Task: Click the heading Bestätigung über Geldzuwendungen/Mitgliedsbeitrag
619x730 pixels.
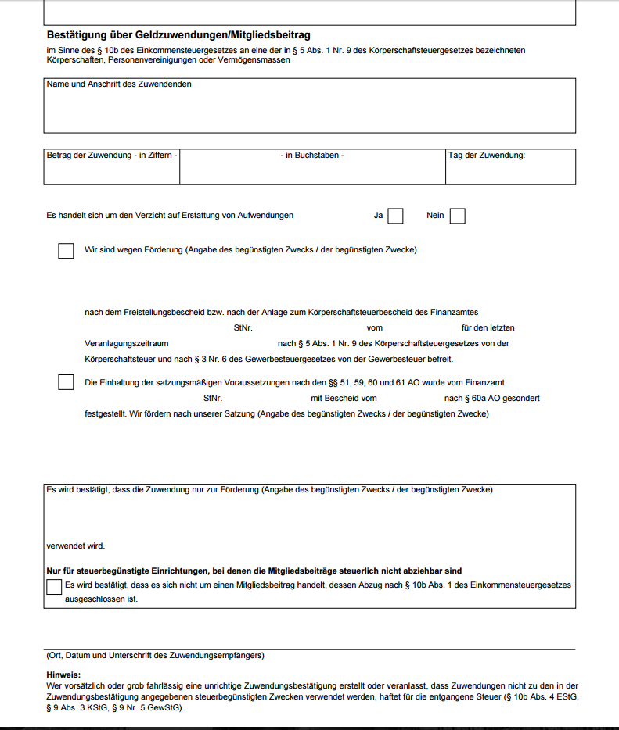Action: [x=178, y=35]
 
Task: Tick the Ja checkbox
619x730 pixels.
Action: [x=395, y=216]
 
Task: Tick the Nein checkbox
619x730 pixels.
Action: [x=458, y=216]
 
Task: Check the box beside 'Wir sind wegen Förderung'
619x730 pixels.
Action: [x=66, y=251]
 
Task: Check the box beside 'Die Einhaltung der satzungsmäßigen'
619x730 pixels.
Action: [x=66, y=383]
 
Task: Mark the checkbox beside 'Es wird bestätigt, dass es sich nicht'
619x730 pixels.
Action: [x=54, y=586]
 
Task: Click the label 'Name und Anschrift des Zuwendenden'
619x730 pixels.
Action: [x=119, y=84]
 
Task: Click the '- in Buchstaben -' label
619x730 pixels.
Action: [x=312, y=156]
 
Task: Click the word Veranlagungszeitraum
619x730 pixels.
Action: [x=127, y=344]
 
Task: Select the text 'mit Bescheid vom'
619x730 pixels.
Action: [x=344, y=399]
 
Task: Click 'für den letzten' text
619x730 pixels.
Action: [x=488, y=328]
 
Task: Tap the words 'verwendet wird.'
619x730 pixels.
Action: [x=76, y=546]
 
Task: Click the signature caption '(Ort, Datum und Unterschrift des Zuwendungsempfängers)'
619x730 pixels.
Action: [x=156, y=656]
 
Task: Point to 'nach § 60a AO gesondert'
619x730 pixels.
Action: [x=492, y=399]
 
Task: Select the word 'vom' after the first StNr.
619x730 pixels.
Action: [x=374, y=328]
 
